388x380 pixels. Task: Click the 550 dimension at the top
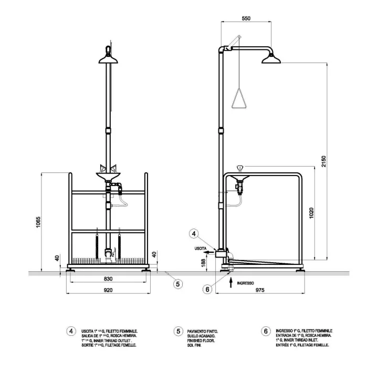(x=245, y=18)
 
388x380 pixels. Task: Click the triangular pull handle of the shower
(x=239, y=98)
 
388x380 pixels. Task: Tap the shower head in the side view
(x=272, y=58)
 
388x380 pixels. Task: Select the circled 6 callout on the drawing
(x=207, y=289)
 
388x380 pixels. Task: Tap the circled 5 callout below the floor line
(x=178, y=284)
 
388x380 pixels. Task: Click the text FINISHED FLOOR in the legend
(x=200, y=340)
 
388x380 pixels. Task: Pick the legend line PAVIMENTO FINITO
(x=202, y=331)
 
